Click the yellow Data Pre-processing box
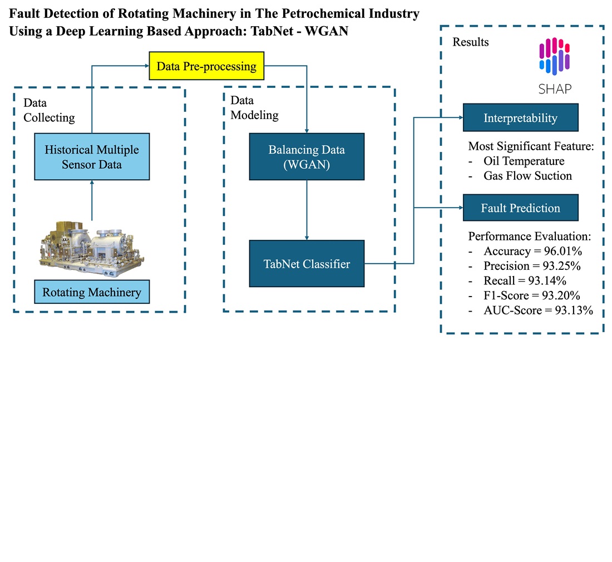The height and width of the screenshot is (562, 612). (206, 67)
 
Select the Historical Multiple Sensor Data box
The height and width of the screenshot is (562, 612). (92, 156)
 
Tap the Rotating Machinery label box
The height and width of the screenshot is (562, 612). (92, 292)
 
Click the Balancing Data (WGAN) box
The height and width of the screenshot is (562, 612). (307, 156)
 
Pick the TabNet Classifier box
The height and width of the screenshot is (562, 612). (307, 264)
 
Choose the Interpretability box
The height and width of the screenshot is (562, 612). (520, 118)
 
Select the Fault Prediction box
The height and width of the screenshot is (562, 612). (520, 208)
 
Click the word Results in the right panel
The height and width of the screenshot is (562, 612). (470, 42)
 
